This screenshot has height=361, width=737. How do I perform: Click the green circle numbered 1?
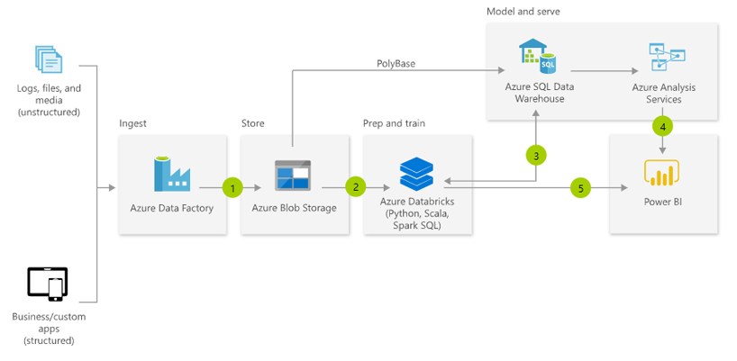[x=232, y=187]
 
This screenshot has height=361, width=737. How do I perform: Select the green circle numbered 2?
[x=356, y=187]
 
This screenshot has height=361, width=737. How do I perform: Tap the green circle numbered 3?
[x=536, y=155]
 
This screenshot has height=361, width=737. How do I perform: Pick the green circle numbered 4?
[x=663, y=126]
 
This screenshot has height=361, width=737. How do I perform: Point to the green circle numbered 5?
[x=581, y=187]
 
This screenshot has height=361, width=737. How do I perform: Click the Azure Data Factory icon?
[x=171, y=173]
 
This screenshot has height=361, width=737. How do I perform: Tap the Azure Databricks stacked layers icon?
[x=416, y=173]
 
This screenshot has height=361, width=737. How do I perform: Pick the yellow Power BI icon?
[x=662, y=173]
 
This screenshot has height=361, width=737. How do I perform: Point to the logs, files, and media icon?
[x=49, y=59]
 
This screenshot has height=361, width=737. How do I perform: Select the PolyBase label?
[x=396, y=64]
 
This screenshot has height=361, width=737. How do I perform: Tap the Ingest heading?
[x=132, y=122]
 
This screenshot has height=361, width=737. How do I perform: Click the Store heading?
[x=253, y=122]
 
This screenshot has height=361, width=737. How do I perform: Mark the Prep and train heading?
[x=394, y=122]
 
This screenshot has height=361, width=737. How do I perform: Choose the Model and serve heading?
[x=523, y=11]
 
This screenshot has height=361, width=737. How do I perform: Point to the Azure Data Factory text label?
[x=171, y=208]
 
